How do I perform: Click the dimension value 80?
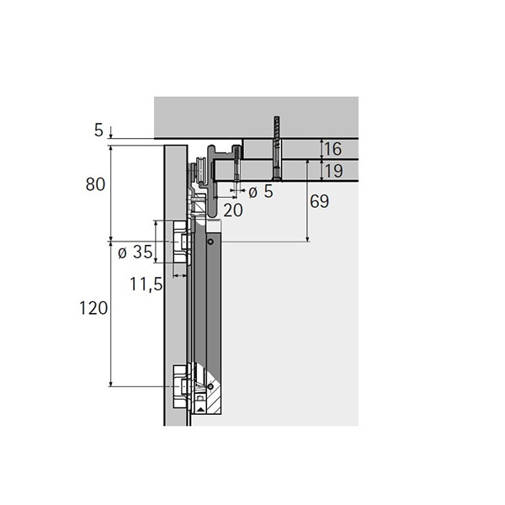click(95, 184)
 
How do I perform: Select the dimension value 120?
click(93, 308)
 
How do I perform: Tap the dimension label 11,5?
click(146, 284)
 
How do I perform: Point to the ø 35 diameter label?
click(135, 252)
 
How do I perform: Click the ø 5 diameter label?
click(261, 192)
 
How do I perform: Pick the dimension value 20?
click(233, 210)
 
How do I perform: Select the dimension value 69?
click(320, 202)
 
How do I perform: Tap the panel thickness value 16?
click(332, 149)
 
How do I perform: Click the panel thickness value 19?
click(333, 171)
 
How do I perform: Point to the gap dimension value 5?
click(98, 130)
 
